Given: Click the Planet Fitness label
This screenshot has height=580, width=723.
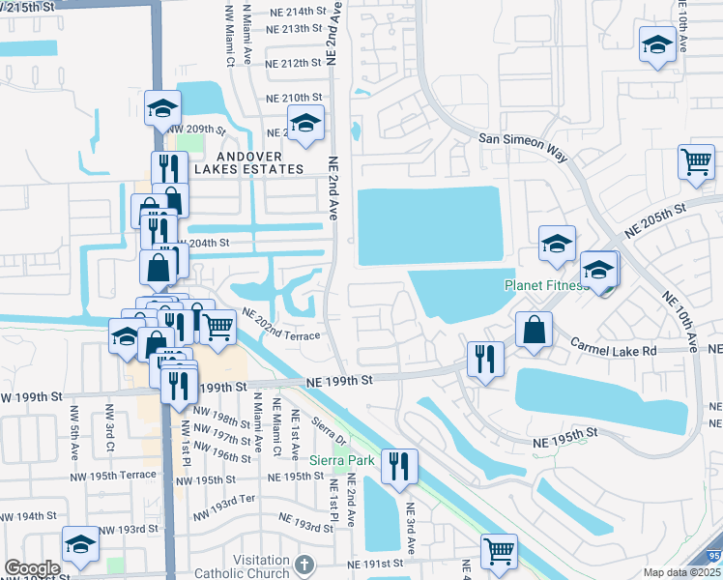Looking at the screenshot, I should [545, 285].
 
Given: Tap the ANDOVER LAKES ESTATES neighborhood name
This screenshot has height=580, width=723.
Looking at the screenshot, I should [250, 162].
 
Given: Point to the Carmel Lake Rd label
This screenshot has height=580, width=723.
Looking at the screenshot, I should [613, 344].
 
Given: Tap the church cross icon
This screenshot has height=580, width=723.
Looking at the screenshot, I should [304, 565].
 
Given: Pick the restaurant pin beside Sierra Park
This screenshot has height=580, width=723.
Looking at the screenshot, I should [399, 466].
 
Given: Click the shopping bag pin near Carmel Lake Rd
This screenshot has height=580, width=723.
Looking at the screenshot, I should [535, 330].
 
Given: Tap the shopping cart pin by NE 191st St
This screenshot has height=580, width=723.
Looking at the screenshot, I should [499, 551].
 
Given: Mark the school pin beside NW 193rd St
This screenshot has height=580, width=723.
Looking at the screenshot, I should [80, 544].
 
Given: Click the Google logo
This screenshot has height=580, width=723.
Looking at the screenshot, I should [32, 568].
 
